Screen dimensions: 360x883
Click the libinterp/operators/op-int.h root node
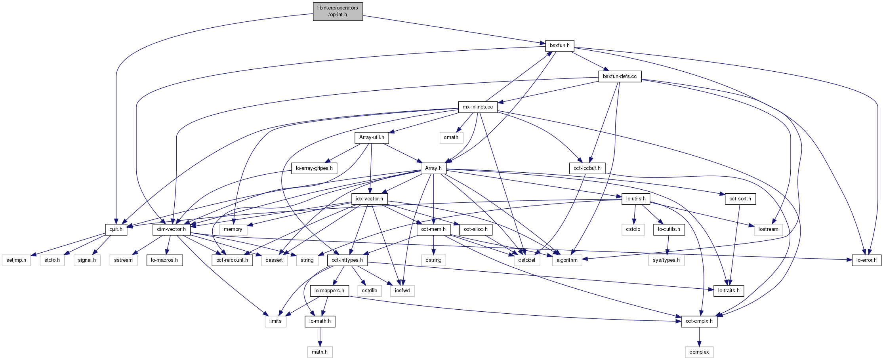(x=338, y=11)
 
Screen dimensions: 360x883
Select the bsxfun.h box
(x=559, y=46)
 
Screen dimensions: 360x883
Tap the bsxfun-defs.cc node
(x=620, y=76)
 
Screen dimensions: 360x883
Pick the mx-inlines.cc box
(x=477, y=107)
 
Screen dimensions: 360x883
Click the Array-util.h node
(x=371, y=137)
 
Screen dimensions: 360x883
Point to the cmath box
(x=451, y=137)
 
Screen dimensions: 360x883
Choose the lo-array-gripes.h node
(x=314, y=168)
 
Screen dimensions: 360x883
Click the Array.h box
(x=433, y=168)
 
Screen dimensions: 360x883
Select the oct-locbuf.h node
(x=587, y=168)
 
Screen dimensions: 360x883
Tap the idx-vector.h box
(x=369, y=199)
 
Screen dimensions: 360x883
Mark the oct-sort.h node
(x=740, y=199)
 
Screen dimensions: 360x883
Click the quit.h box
(x=116, y=229)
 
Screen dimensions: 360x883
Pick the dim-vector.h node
(x=171, y=229)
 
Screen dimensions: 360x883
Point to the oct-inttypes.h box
(x=347, y=260)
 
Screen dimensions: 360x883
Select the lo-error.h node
(x=866, y=260)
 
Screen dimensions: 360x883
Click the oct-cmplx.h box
(x=699, y=321)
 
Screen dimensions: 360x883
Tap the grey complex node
(x=699, y=352)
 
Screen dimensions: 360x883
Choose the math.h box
(x=319, y=352)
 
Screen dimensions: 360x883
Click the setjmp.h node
(x=16, y=260)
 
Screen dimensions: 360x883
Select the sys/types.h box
(x=666, y=260)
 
